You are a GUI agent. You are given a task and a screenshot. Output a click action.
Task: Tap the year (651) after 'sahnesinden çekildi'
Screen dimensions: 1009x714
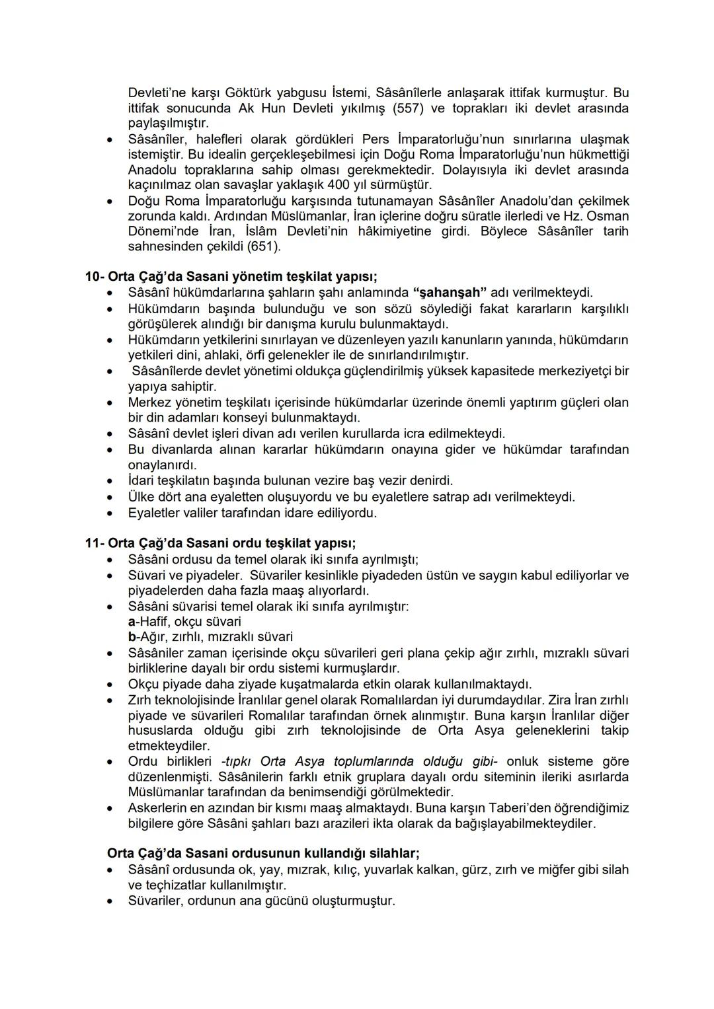[x=264, y=246]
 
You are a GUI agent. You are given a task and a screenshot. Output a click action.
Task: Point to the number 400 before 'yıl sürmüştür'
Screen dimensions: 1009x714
[x=339, y=185]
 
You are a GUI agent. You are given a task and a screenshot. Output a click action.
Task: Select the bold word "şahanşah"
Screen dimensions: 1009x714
[x=449, y=293]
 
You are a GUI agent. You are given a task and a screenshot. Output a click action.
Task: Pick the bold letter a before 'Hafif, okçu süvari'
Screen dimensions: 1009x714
[x=132, y=622]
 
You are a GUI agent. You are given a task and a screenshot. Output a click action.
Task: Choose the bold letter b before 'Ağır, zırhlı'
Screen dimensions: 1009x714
[x=132, y=637]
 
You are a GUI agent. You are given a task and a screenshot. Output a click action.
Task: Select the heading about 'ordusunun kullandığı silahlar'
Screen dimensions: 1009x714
[x=262, y=853]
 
